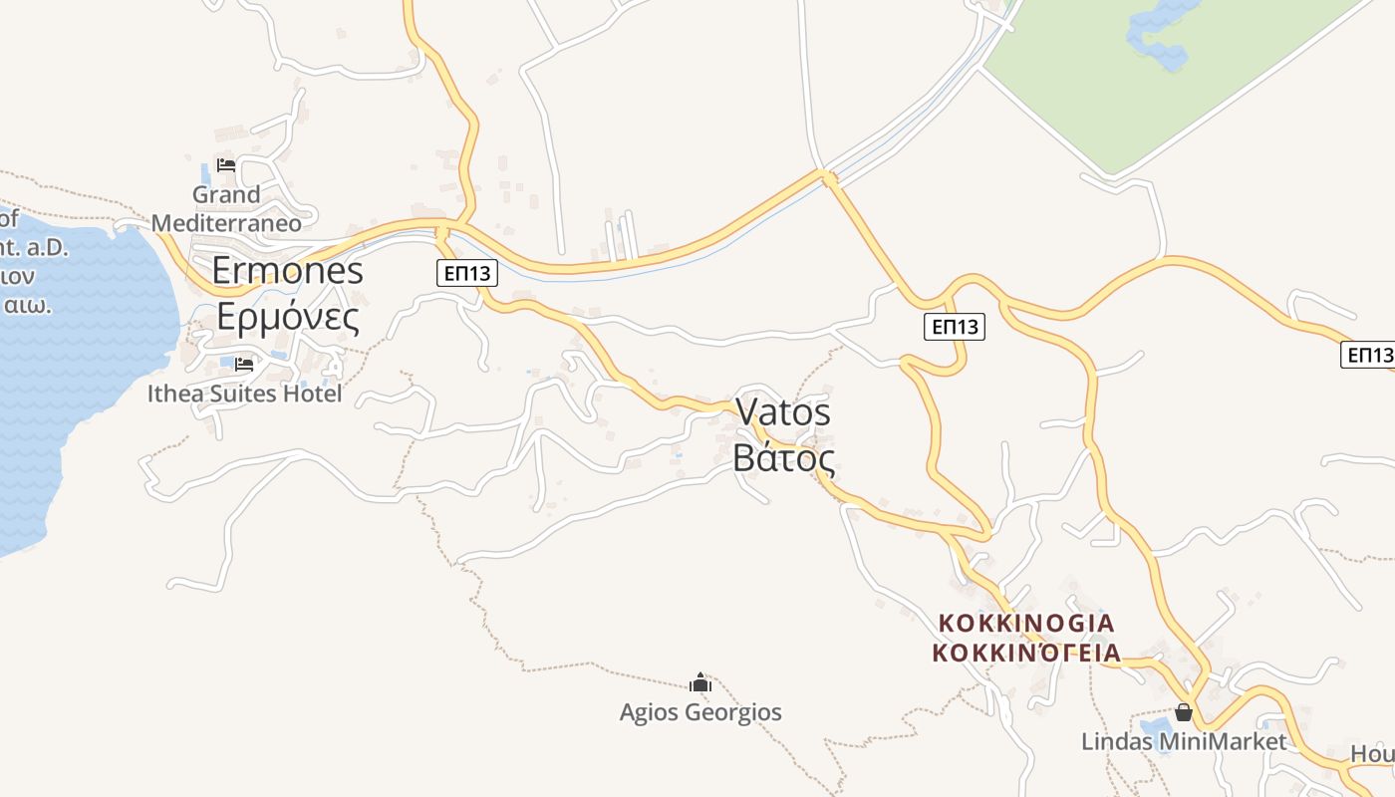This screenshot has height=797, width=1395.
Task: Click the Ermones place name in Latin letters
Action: pyautogui.click(x=288, y=271)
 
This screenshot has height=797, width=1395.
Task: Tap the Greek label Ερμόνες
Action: pyautogui.click(x=288, y=317)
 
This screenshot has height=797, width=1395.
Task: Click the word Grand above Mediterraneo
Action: pyautogui.click(x=226, y=194)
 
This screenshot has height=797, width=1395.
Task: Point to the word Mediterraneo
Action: pyautogui.click(x=226, y=222)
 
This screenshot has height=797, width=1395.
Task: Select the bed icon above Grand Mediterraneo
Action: pyautogui.click(x=226, y=165)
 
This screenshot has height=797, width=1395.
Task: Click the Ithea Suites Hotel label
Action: pyautogui.click(x=244, y=394)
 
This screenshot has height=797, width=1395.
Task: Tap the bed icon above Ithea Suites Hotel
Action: pyautogui.click(x=244, y=365)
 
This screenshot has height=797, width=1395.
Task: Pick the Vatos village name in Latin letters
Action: pyautogui.click(x=783, y=411)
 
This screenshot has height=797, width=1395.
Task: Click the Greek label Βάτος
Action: pyautogui.click(x=783, y=457)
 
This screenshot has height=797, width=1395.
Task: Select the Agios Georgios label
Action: pyautogui.click(x=700, y=712)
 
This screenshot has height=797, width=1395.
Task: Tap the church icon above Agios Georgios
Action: pyautogui.click(x=700, y=683)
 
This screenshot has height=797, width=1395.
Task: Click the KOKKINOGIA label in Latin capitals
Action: pyautogui.click(x=1026, y=623)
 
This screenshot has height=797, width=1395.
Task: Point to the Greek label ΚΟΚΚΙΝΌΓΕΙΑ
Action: pyautogui.click(x=1026, y=654)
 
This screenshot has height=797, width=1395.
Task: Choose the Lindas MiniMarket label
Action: pyautogui.click(x=1184, y=741)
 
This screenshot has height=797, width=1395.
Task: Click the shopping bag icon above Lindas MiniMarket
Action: pyautogui.click(x=1184, y=712)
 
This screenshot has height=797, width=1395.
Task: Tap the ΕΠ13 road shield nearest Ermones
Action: pyautogui.click(x=466, y=273)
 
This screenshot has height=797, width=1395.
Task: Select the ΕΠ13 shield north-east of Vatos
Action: pyautogui.click(x=954, y=327)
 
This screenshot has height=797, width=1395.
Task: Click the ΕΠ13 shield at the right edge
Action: pyautogui.click(x=1368, y=355)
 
